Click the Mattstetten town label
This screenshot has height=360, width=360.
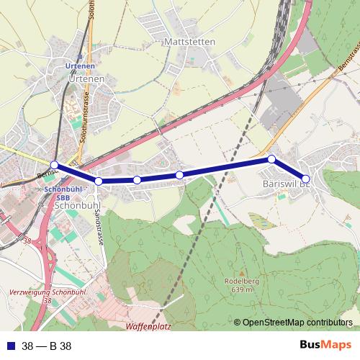coord(189,42)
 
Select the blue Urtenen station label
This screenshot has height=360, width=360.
coord(80,66)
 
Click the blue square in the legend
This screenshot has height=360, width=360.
coord(9,346)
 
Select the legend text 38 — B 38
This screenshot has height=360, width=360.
coord(47,346)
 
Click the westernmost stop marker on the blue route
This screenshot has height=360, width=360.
coord(55,165)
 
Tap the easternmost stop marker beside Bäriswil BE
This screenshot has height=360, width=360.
coord(305,179)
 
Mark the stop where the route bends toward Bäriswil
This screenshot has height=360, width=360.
coord(271,159)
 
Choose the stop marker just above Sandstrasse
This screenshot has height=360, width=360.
coord(99,181)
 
